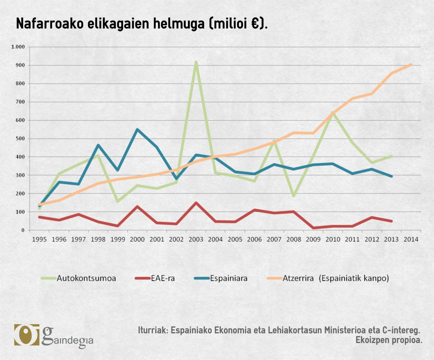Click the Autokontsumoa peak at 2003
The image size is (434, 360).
tap(196, 62)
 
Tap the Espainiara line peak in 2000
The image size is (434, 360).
tap(137, 130)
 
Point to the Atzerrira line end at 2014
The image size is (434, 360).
tap(411, 64)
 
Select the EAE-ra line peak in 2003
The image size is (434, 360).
tap(196, 203)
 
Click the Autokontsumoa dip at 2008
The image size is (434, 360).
tap(293, 196)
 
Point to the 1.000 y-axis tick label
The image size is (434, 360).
tap(18, 47)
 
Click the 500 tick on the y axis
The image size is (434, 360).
tap(21, 138)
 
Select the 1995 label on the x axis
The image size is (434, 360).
tap(39, 239)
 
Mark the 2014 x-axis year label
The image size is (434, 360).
tap(411, 239)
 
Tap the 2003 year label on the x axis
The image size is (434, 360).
tap(196, 239)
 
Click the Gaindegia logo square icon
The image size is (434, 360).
tap(26, 334)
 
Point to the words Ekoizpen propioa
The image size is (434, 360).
tap(389, 340)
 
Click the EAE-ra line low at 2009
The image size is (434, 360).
tap(313, 228)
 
